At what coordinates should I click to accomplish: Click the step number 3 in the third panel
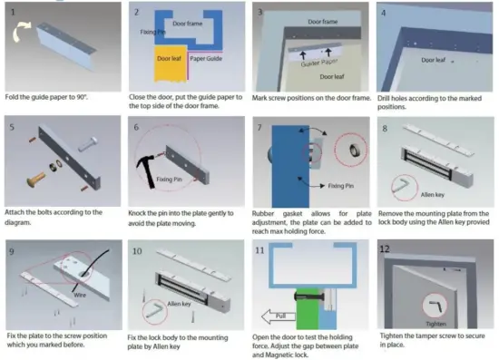[x=260, y=13]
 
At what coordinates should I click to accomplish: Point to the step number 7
[x=260, y=130]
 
